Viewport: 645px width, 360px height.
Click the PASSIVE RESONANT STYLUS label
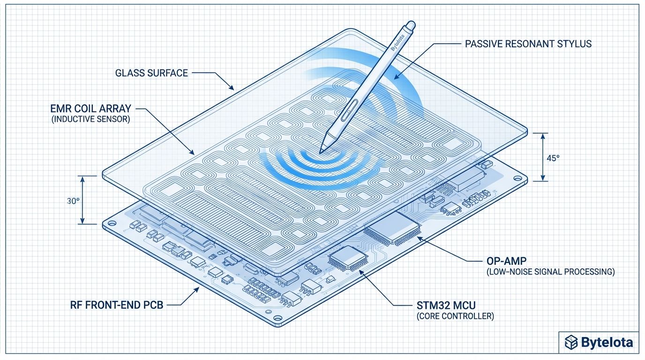point(528,44)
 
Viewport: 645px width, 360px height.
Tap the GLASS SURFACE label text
point(151,73)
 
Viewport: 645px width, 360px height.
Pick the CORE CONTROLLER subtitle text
point(455,316)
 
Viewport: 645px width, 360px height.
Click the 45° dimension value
point(554,158)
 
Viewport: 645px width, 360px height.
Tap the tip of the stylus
point(322,151)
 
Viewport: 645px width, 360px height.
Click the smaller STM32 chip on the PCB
point(346,258)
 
